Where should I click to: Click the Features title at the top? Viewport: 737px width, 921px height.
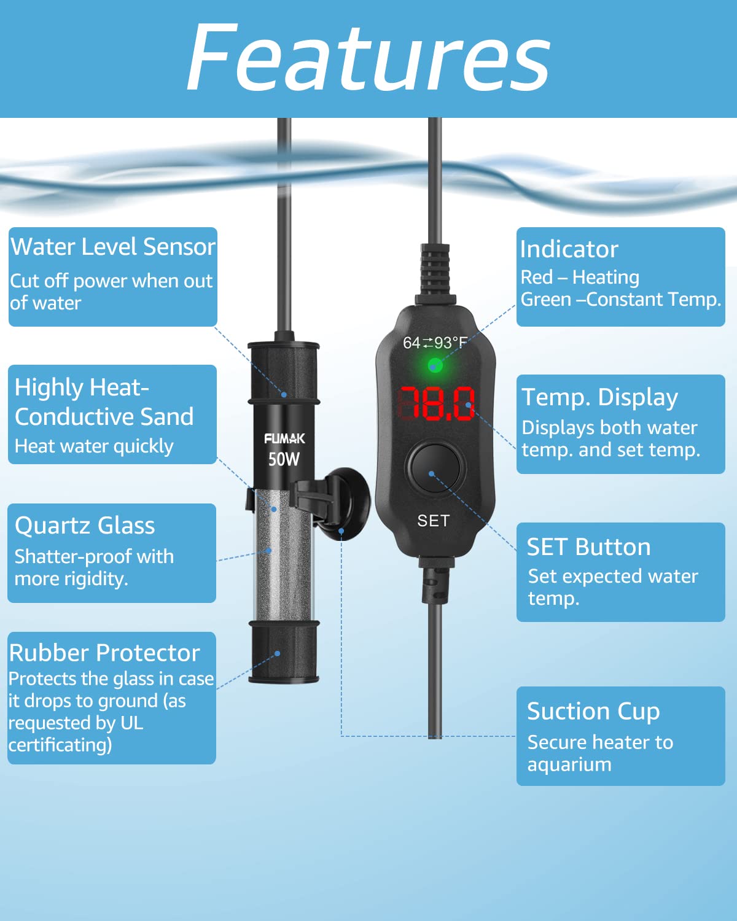[x=368, y=58]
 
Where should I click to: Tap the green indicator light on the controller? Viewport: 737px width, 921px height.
[x=435, y=365]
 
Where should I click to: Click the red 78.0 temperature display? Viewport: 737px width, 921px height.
[x=436, y=403]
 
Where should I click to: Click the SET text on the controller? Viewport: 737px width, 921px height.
[x=434, y=521]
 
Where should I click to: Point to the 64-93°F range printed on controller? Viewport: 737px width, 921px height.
[x=435, y=343]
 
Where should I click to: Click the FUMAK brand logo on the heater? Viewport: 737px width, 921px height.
[x=285, y=438]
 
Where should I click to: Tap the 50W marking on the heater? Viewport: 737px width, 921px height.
[x=284, y=459]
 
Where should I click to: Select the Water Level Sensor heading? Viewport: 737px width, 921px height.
[x=113, y=246]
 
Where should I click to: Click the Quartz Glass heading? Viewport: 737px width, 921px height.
[x=85, y=526]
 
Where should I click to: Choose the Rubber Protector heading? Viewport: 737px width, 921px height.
[x=104, y=653]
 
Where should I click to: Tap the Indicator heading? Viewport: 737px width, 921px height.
[x=569, y=249]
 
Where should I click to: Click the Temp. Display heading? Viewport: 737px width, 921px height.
[x=599, y=398]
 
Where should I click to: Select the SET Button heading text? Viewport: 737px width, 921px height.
[x=589, y=547]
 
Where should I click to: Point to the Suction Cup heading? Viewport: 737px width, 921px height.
[x=593, y=712]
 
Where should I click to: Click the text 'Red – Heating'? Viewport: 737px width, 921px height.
[x=580, y=278]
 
